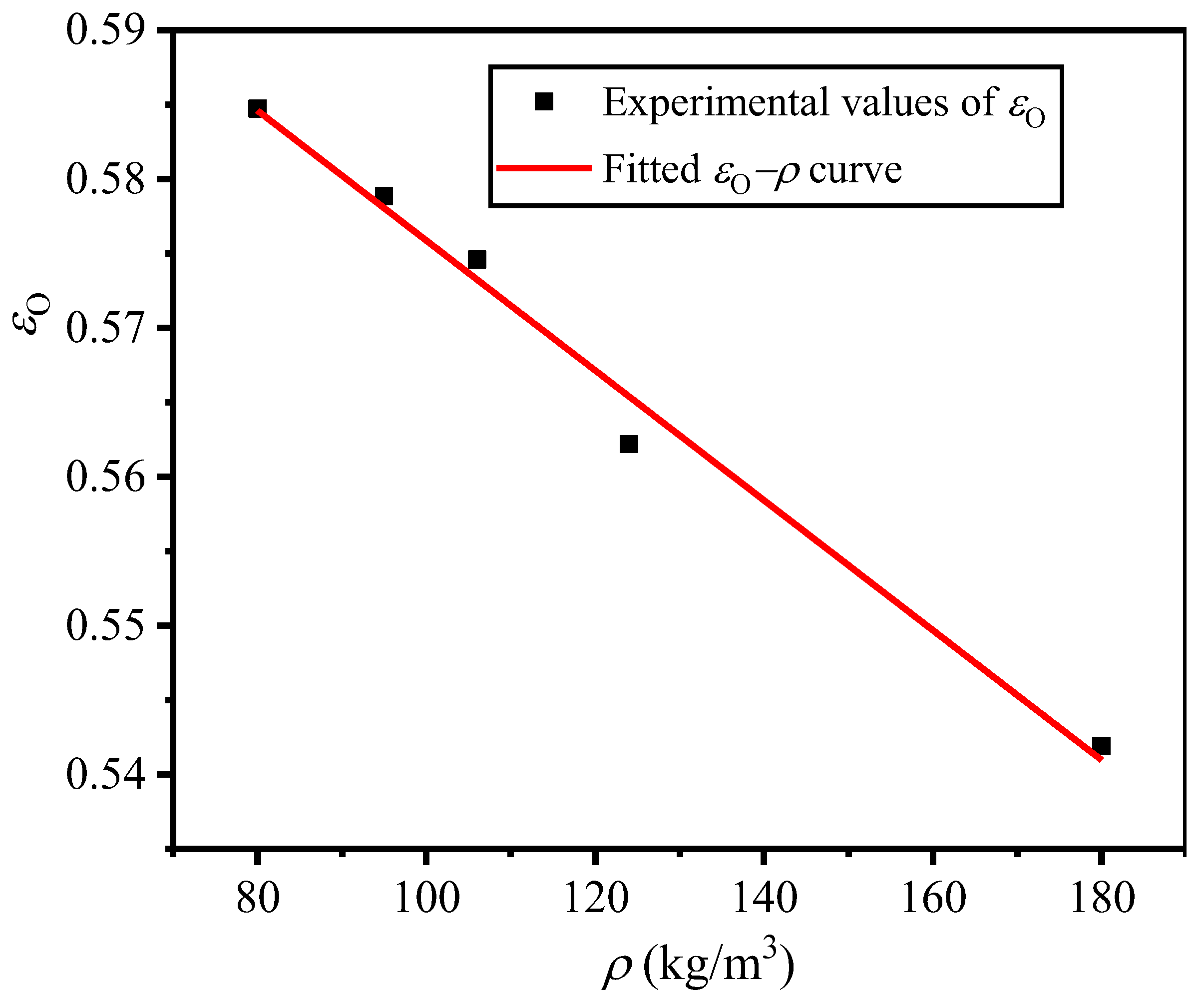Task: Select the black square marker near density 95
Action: coord(384,196)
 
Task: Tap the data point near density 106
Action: coord(477,260)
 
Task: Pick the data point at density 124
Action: coord(629,444)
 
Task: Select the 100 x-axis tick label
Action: coord(426,898)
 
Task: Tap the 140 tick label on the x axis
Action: coord(764,898)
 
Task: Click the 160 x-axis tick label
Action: coord(933,898)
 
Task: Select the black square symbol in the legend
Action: coord(543,102)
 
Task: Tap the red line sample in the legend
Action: coord(543,167)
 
